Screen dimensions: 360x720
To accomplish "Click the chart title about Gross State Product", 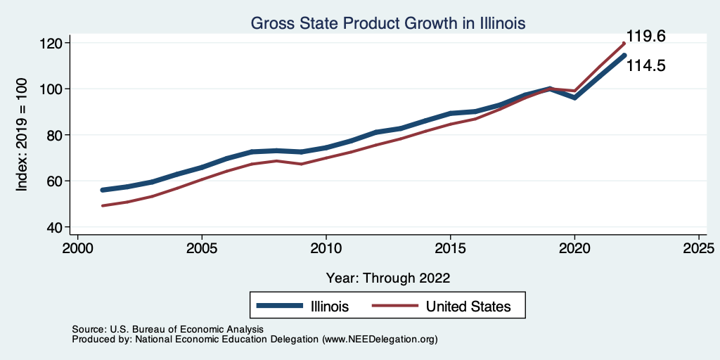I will (388, 23).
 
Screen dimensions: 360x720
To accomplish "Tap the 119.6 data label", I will (646, 37).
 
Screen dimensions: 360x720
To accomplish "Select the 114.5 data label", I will (646, 66).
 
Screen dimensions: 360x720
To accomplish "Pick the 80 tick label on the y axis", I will (57, 135).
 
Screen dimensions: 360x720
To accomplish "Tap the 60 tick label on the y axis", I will (57, 181).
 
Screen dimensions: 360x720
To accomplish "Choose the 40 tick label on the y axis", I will (57, 227).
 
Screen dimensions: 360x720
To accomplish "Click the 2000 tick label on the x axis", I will (77, 249).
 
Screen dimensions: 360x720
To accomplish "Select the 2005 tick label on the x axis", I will (202, 249).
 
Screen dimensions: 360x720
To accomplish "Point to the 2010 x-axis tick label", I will (326, 249).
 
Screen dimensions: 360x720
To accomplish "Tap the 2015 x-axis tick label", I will (451, 249).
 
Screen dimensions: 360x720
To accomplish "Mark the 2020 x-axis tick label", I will (575, 249).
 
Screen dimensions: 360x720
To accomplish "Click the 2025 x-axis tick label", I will (700, 249).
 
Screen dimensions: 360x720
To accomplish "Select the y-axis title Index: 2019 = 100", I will (22, 135).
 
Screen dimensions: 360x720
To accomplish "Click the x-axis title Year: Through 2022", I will (388, 277).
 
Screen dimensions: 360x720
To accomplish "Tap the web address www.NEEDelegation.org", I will (380, 340).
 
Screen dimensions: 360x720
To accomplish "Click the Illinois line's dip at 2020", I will (575, 98).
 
